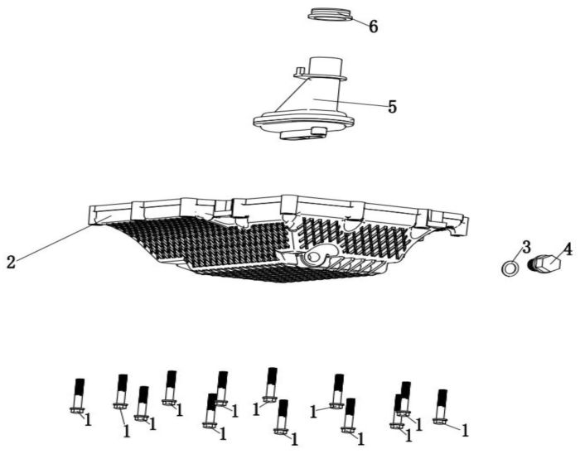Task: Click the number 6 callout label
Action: tap(374, 27)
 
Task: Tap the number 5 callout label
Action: tap(391, 107)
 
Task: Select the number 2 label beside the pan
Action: tap(10, 262)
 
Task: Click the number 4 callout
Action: tap(567, 248)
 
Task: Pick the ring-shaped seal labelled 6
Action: tap(330, 13)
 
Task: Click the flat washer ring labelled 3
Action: tap(511, 268)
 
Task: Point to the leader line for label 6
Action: tap(358, 21)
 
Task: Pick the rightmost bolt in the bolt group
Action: tap(441, 406)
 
